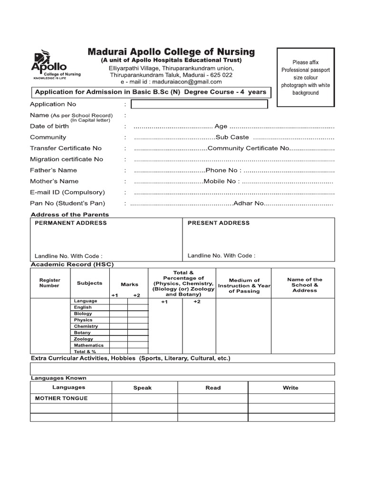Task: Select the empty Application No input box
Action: [x=199, y=104]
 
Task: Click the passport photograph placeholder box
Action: [x=306, y=78]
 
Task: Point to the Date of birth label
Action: [x=49, y=126]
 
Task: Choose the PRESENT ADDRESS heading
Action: [x=218, y=223]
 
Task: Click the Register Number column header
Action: [x=50, y=283]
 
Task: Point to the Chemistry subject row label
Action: [x=86, y=326]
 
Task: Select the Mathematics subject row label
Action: [x=88, y=345]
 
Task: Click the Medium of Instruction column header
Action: [x=244, y=285]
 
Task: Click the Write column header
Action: [x=290, y=388]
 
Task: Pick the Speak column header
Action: [x=142, y=388]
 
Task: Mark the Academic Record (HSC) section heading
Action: [x=72, y=264]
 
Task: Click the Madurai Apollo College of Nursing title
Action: [x=171, y=52]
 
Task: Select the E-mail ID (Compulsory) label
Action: [x=67, y=192]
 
